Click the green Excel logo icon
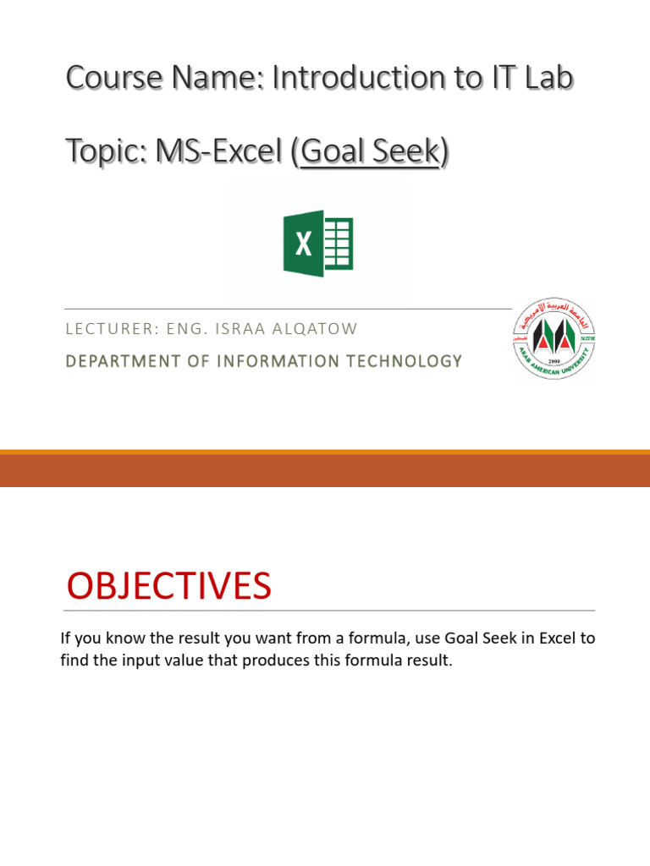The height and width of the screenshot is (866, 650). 317,244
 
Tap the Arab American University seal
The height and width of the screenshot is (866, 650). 554,338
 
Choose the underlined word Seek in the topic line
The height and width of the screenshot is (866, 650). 408,152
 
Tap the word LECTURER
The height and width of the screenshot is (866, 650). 103,328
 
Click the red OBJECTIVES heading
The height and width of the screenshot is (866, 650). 168,587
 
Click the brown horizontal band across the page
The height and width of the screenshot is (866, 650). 325,470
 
